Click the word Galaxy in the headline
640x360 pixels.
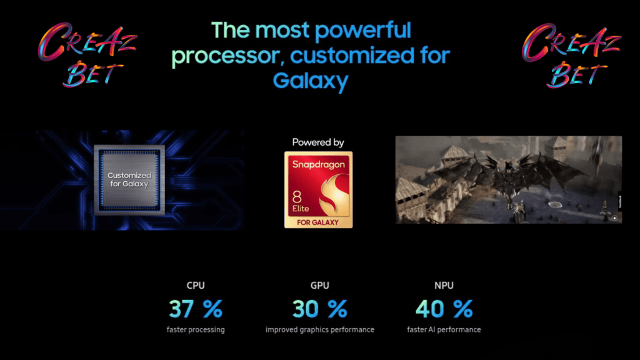(x=311, y=81)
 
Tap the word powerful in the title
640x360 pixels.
(x=362, y=31)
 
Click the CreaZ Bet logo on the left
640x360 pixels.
(x=87, y=55)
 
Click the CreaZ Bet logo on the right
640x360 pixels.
(x=571, y=55)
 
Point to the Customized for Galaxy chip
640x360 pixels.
(x=129, y=179)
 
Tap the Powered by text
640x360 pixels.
(x=318, y=142)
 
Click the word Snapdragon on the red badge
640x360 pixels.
(x=318, y=164)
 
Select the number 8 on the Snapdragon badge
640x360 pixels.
(x=297, y=197)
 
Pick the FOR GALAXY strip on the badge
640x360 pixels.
(x=318, y=222)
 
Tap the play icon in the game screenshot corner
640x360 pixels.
(x=614, y=218)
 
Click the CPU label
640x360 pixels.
(x=196, y=285)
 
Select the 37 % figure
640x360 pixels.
(x=196, y=309)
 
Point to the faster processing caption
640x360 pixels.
(x=196, y=330)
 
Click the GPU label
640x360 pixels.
(x=319, y=285)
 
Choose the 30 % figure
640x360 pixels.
(x=319, y=309)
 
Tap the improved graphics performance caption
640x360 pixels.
(x=319, y=330)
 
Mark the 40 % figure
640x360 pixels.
(x=444, y=309)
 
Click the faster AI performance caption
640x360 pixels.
(x=444, y=330)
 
